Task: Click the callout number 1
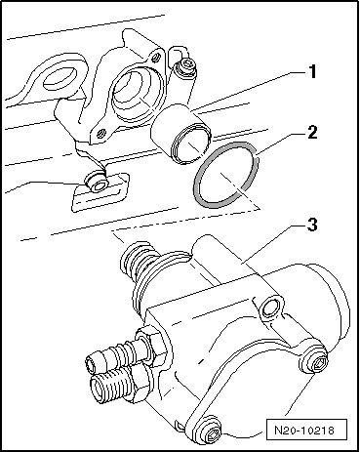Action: coord(312,71)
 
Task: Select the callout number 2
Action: coord(312,132)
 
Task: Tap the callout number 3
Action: coord(312,225)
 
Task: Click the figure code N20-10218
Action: coord(304,431)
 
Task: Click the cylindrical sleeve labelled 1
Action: coord(180,134)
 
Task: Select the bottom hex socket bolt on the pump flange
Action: coord(211,431)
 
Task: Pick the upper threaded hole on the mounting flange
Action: coord(157,58)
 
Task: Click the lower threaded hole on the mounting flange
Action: coord(102,133)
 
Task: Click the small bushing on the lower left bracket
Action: coord(96,184)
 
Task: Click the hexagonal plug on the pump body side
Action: coord(272,308)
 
